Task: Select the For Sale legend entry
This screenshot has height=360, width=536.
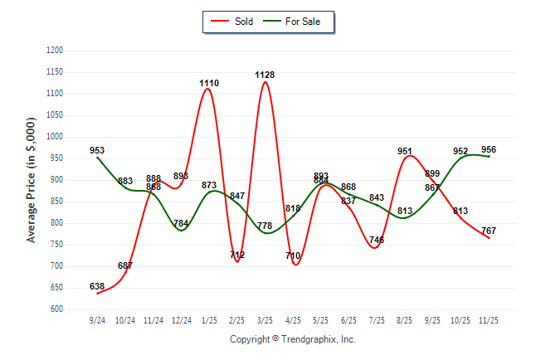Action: (x=296, y=21)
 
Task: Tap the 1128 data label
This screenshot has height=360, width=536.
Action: (x=266, y=75)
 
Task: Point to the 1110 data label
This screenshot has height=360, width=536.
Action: (x=209, y=83)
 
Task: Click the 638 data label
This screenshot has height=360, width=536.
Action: (x=97, y=286)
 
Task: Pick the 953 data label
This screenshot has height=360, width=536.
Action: (x=97, y=150)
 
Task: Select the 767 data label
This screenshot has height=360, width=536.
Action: (x=490, y=231)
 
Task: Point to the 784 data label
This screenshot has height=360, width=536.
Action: (x=182, y=223)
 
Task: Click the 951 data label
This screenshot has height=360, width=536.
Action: (x=405, y=151)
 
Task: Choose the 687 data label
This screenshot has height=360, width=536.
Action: (x=125, y=265)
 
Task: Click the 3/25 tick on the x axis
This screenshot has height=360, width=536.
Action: (x=265, y=319)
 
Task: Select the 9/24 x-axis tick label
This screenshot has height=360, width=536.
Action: (x=97, y=319)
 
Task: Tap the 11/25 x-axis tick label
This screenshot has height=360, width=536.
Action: (x=489, y=319)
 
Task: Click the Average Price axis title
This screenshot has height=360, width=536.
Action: (x=32, y=179)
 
